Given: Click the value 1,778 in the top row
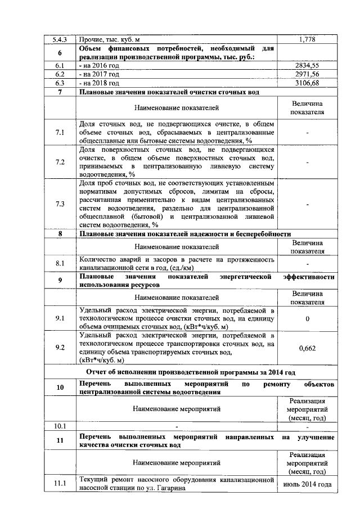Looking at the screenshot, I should pyautogui.click(x=307, y=39).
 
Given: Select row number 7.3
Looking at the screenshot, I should pyautogui.click(x=60, y=204).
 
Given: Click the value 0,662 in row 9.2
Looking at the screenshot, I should pyautogui.click(x=307, y=348).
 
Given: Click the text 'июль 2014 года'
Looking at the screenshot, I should pyautogui.click(x=307, y=484).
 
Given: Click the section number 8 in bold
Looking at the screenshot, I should pyautogui.click(x=60, y=234).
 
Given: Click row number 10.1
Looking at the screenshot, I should pyautogui.click(x=60, y=425).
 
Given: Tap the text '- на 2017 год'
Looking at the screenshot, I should pyautogui.click(x=100, y=74).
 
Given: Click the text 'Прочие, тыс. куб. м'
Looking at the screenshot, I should pyautogui.click(x=110, y=39).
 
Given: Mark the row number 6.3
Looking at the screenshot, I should pyautogui.click(x=60, y=83).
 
